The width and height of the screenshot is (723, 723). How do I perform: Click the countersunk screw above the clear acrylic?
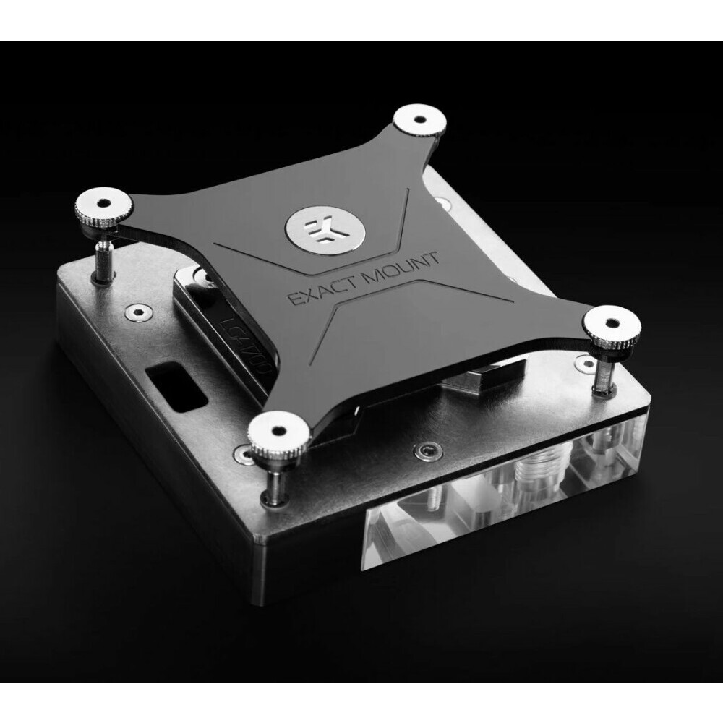(x=426, y=453)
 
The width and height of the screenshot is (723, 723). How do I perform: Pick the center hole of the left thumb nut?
(x=103, y=200)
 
